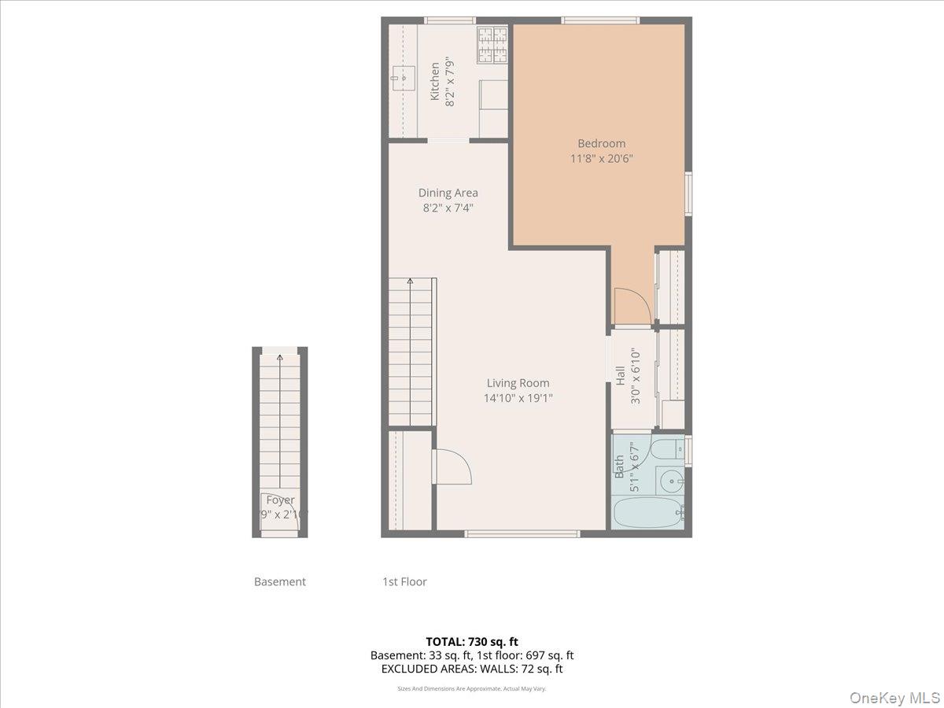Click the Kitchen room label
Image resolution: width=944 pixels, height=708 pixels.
(434, 81)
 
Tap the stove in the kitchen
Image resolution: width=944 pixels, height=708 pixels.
(492, 45)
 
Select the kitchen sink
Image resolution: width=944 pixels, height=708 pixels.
(404, 78)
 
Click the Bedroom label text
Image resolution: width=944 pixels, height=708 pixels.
(601, 143)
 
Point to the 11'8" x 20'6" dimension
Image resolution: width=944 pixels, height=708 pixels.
(601, 158)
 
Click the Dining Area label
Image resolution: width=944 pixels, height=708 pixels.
(448, 193)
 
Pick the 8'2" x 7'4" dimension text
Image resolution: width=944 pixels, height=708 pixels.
(448, 208)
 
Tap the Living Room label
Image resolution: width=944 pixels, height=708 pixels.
(518, 383)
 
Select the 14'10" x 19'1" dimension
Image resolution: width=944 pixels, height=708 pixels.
(518, 398)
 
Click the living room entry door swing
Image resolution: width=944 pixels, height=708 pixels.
(452, 466)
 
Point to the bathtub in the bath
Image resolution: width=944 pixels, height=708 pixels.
(649, 512)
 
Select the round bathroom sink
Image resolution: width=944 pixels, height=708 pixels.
(671, 480)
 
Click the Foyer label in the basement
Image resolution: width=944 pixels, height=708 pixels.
(280, 500)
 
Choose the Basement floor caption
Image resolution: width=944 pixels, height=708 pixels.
(279, 582)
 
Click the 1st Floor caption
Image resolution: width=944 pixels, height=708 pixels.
(404, 582)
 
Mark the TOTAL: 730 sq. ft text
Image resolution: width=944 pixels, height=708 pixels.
(472, 642)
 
